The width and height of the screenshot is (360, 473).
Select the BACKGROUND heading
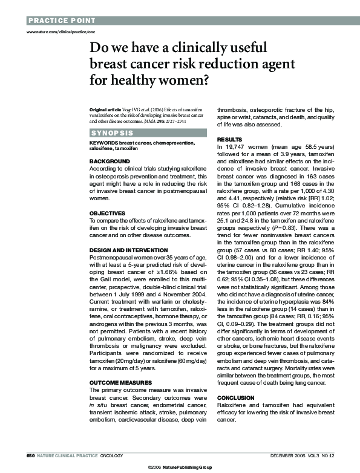click(110, 161)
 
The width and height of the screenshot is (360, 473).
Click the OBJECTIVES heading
click(108, 213)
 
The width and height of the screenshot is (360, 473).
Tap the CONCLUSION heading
click(236, 397)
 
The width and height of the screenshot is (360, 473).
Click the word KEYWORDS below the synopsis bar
click(103, 143)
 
